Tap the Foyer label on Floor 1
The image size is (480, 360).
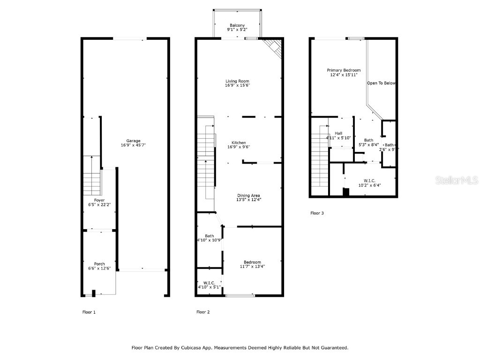tap(99, 200)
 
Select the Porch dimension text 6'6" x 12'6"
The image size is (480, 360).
tap(99, 269)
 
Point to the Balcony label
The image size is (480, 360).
tap(237, 25)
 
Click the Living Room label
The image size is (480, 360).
tap(237, 81)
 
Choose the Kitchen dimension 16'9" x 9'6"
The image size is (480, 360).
tap(239, 147)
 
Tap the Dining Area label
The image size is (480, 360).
tap(248, 195)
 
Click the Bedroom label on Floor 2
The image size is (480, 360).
tap(252, 262)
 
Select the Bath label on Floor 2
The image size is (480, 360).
tap(209, 236)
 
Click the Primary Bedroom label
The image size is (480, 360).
tap(344, 70)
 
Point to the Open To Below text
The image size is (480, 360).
tap(381, 83)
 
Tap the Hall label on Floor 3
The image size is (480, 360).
tap(338, 133)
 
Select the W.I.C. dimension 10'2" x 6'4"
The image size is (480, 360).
tap(369, 185)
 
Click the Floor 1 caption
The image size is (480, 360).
tap(89, 312)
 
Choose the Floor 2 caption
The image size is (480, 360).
tap(203, 312)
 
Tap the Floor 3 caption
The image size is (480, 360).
tap(317, 213)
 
